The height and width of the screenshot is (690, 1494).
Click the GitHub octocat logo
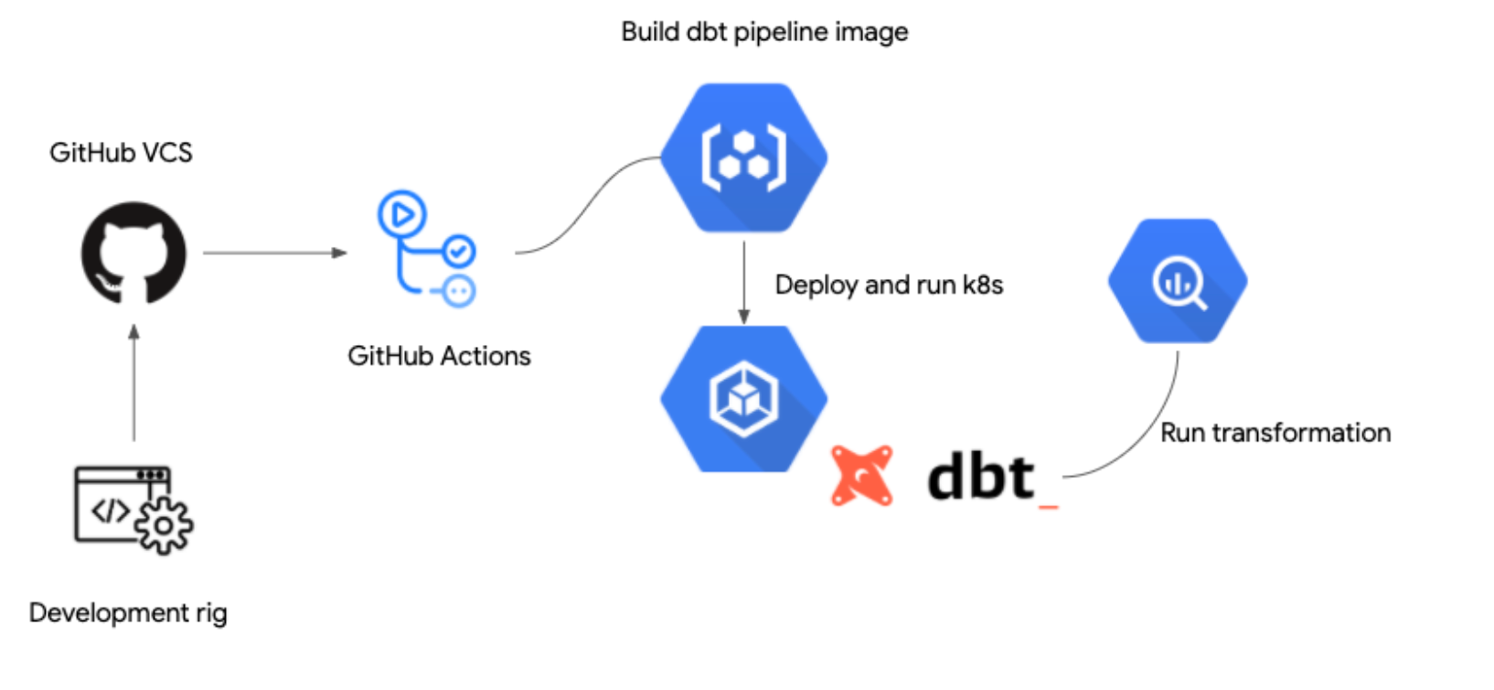click(133, 253)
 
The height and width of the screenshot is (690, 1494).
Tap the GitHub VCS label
click(121, 153)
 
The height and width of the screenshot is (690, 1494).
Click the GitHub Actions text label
click(439, 356)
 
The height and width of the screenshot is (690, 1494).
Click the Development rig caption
click(128, 613)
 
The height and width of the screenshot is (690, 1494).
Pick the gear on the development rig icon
click(164, 526)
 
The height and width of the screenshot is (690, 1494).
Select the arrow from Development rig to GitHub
click(134, 384)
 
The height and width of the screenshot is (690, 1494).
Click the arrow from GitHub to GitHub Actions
click(274, 253)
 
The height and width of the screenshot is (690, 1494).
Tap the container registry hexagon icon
click(743, 157)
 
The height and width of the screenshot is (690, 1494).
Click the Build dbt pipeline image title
click(764, 32)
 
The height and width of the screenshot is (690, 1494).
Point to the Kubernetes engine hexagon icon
click(743, 399)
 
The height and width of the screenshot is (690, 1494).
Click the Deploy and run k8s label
click(889, 286)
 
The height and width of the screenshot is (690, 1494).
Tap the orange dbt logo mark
click(861, 476)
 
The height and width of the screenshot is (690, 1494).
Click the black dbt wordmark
click(981, 477)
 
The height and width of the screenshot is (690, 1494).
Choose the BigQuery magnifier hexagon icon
click(1178, 281)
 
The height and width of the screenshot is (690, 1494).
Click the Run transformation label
click(1275, 433)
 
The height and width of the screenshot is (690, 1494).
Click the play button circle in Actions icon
click(401, 215)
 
